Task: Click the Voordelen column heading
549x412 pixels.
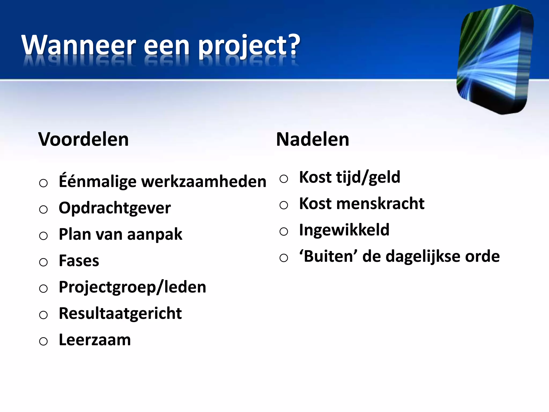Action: click(83, 139)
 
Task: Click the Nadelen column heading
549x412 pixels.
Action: click(313, 139)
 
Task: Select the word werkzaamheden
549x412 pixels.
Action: click(204, 182)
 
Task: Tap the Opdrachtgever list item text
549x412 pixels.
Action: click(114, 208)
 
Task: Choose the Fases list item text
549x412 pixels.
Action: click(79, 261)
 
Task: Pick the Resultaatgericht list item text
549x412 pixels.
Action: click(120, 313)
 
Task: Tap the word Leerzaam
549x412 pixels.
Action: click(95, 340)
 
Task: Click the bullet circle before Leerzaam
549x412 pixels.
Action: click(43, 341)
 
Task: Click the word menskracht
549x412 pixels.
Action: click(380, 204)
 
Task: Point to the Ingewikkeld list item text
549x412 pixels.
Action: click(344, 230)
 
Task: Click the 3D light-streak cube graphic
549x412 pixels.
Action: click(495, 59)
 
